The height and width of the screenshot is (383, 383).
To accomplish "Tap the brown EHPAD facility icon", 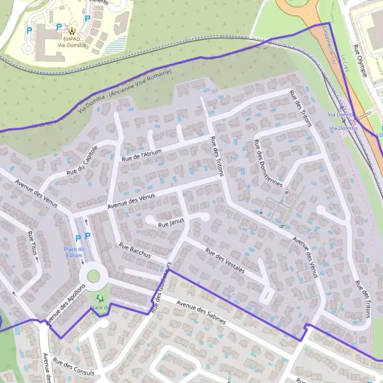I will click(x=71, y=29).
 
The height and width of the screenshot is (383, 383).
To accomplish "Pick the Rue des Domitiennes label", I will click(x=268, y=164).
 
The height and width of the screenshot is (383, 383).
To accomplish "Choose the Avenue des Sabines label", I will click(x=201, y=312).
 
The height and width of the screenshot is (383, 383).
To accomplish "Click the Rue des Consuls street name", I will click(x=73, y=367).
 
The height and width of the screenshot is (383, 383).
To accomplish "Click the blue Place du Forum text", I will click(x=73, y=252).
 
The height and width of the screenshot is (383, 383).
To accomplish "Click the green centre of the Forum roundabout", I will click(x=94, y=276).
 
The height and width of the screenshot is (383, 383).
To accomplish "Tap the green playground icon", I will click(x=98, y=298).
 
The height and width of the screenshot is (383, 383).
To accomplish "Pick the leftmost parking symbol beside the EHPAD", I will click(x=29, y=30).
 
